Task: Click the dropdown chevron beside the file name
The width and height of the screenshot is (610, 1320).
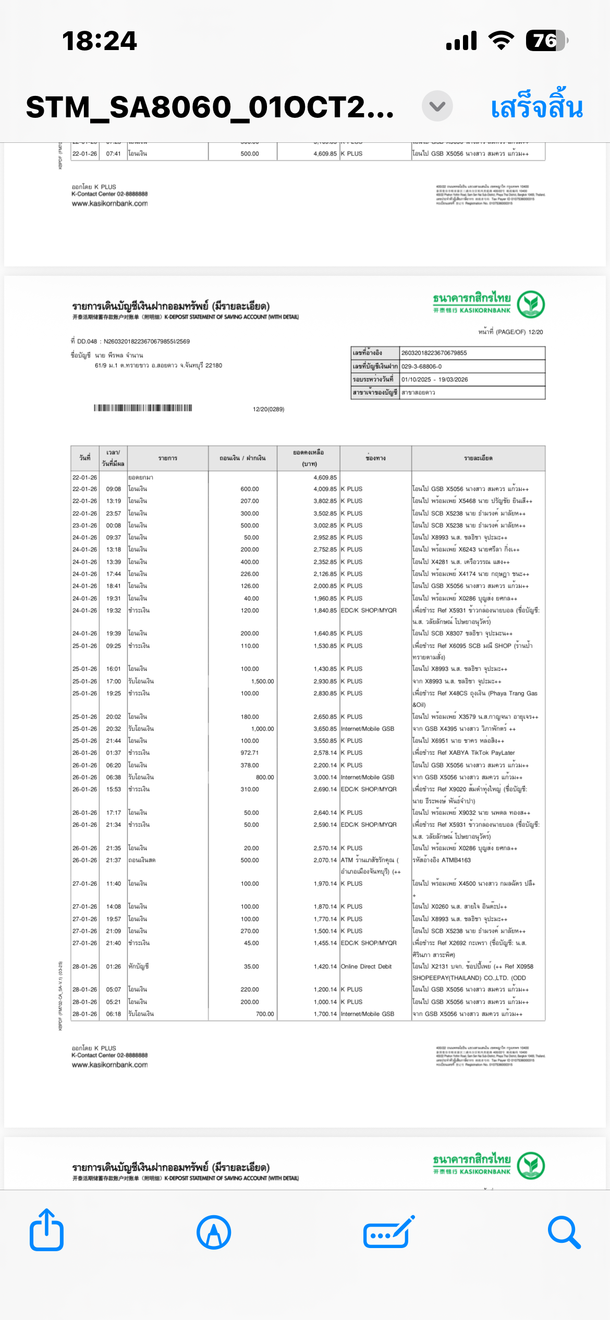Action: click(437, 106)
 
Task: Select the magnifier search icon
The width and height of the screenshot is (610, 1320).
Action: click(564, 1232)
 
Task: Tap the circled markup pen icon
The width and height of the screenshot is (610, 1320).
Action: click(214, 1232)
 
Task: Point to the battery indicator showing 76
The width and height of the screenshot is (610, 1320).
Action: click(546, 41)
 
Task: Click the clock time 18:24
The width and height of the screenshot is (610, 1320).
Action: click(99, 41)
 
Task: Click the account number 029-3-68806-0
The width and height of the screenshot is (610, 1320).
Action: click(421, 366)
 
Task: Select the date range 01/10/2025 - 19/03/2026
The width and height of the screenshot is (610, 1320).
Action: click(434, 380)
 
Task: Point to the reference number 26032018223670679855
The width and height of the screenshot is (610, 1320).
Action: click(434, 353)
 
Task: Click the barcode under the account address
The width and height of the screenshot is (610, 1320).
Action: click(143, 408)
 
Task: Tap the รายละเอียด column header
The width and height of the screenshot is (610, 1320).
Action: click(478, 458)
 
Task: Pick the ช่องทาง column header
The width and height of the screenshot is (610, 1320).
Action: click(375, 458)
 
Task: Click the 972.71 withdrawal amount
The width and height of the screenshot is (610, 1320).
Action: click(250, 753)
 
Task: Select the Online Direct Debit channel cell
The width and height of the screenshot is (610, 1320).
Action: click(366, 967)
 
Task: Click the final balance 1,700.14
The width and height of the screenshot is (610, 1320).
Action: click(325, 1014)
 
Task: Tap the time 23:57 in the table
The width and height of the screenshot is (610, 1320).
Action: click(113, 514)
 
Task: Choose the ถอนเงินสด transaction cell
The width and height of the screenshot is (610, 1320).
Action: click(142, 860)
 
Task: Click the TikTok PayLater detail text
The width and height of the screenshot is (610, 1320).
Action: click(493, 753)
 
